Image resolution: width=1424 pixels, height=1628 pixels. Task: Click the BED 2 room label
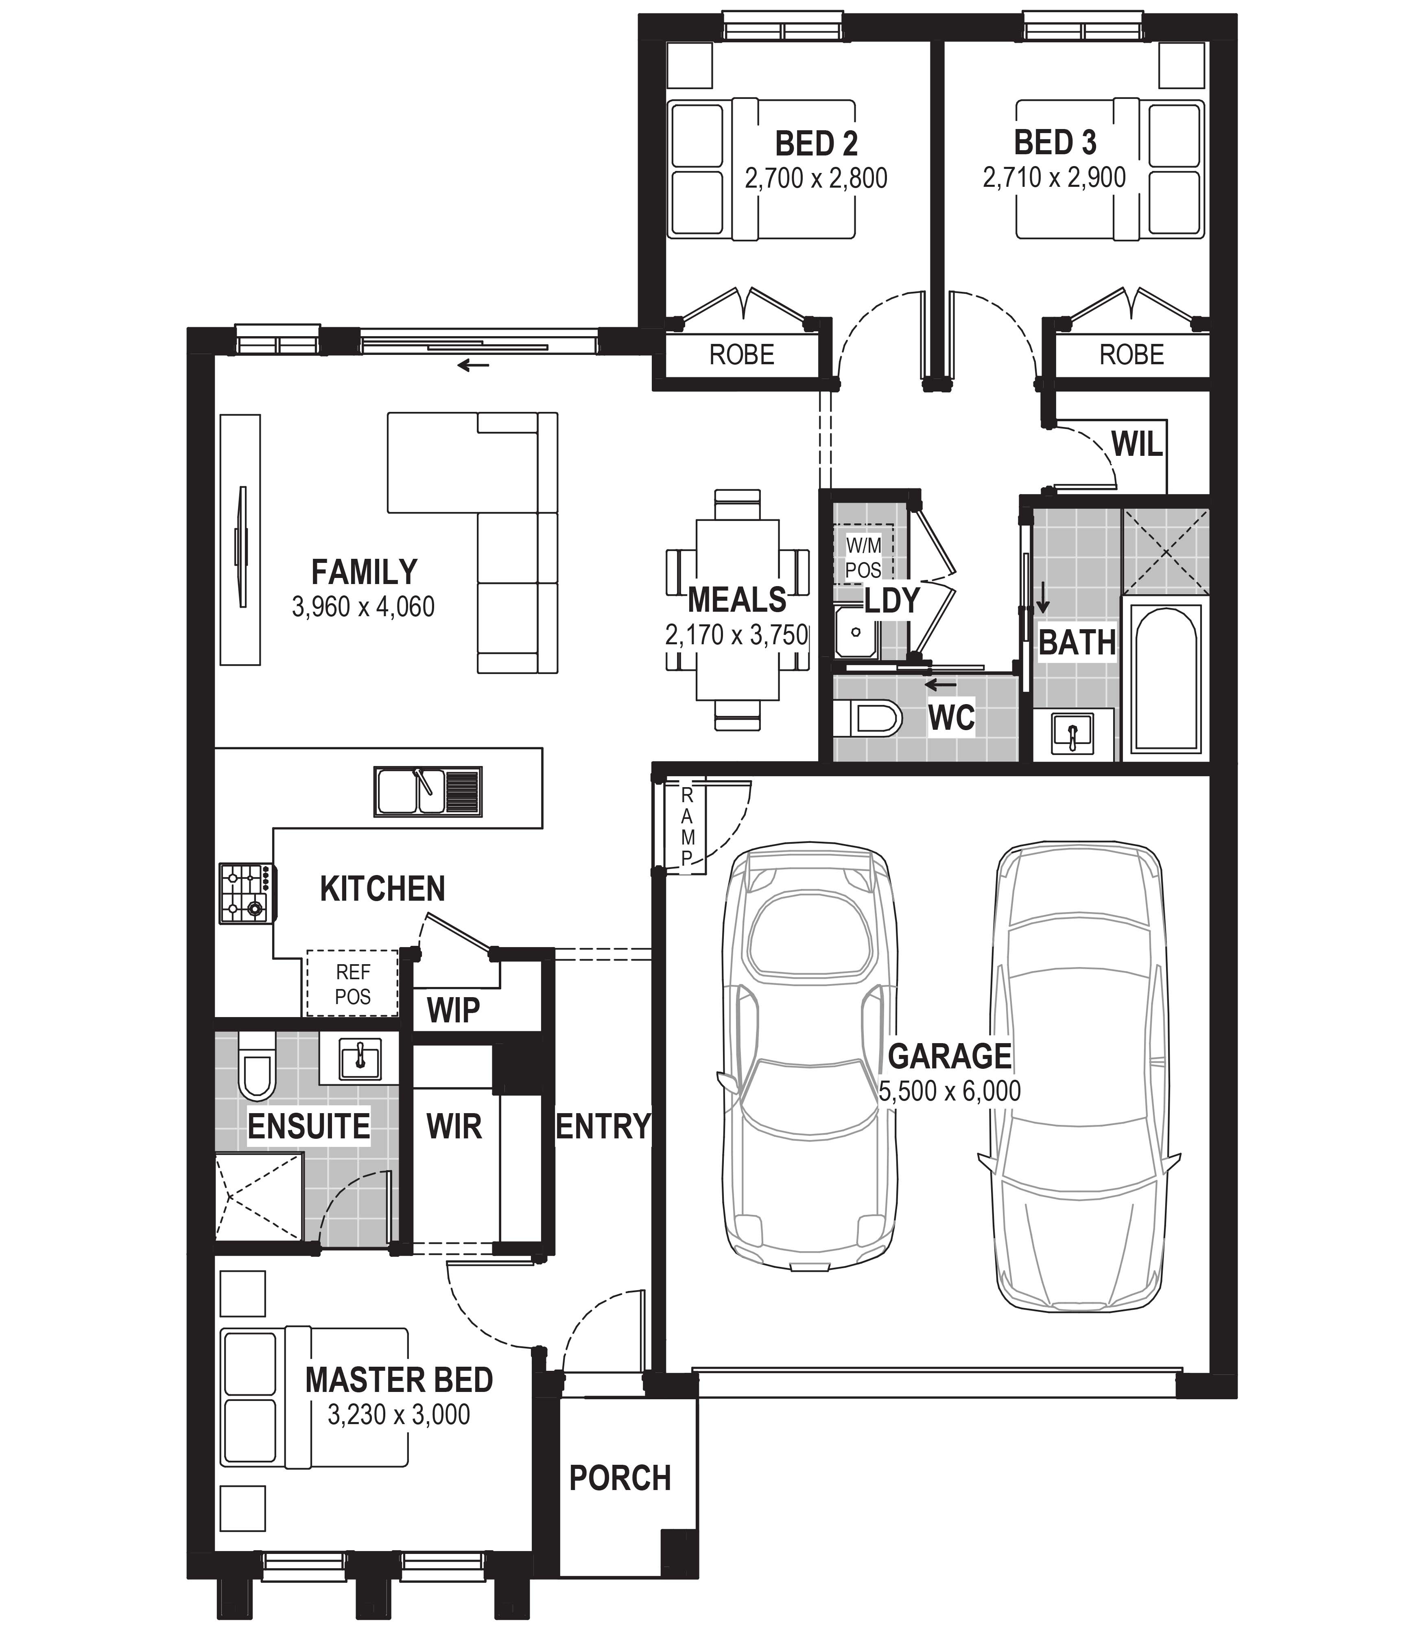tap(816, 144)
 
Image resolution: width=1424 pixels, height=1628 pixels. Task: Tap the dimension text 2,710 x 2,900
tap(1055, 177)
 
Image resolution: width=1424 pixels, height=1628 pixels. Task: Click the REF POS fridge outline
tap(352, 982)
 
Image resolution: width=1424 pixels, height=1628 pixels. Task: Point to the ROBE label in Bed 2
tap(741, 354)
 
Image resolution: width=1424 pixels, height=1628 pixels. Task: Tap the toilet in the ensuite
tap(256, 1066)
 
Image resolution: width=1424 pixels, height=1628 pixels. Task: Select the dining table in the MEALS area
tap(737, 610)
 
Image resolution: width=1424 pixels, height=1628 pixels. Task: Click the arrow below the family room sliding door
tap(474, 365)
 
